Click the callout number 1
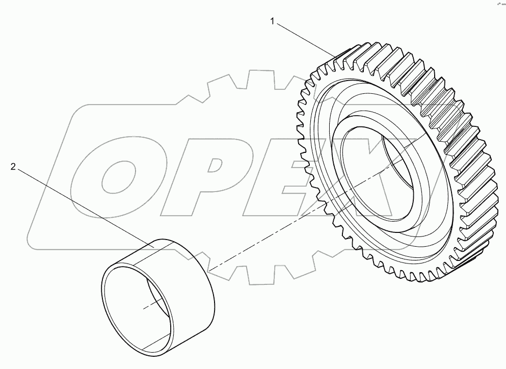273,21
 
